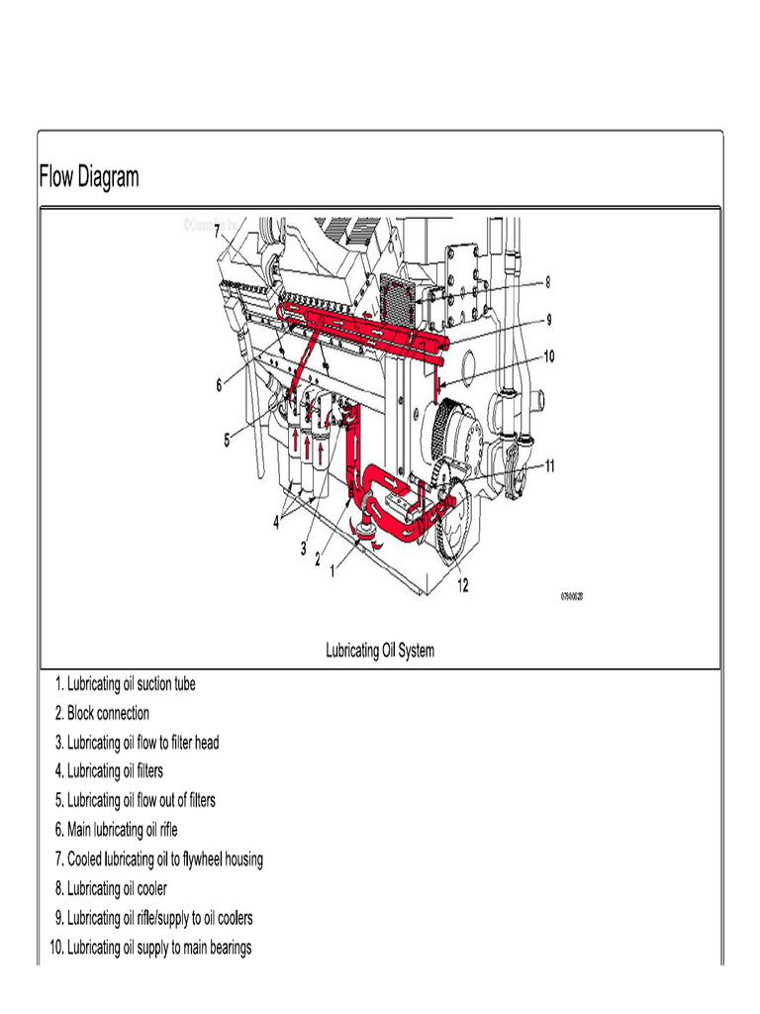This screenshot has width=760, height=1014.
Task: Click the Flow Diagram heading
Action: (x=89, y=178)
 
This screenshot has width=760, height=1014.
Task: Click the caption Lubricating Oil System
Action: (x=380, y=651)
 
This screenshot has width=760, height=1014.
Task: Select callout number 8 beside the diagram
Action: (x=547, y=282)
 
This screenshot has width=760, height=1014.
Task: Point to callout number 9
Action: (x=548, y=320)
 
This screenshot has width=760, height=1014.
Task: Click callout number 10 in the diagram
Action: (x=548, y=356)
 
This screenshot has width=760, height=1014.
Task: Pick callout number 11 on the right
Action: (x=548, y=465)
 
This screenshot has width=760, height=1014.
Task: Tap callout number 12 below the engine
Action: (x=462, y=585)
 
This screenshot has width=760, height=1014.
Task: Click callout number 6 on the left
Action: (x=220, y=386)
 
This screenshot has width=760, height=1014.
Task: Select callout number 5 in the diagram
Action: (x=227, y=441)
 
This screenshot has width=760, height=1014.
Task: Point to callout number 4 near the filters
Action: (x=276, y=524)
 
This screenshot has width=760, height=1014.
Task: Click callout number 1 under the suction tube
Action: (x=332, y=570)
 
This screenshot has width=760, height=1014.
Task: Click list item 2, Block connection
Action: (x=102, y=713)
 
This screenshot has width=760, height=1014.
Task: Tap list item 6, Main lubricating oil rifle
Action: (x=116, y=829)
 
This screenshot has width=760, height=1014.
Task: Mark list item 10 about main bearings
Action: (x=150, y=948)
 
